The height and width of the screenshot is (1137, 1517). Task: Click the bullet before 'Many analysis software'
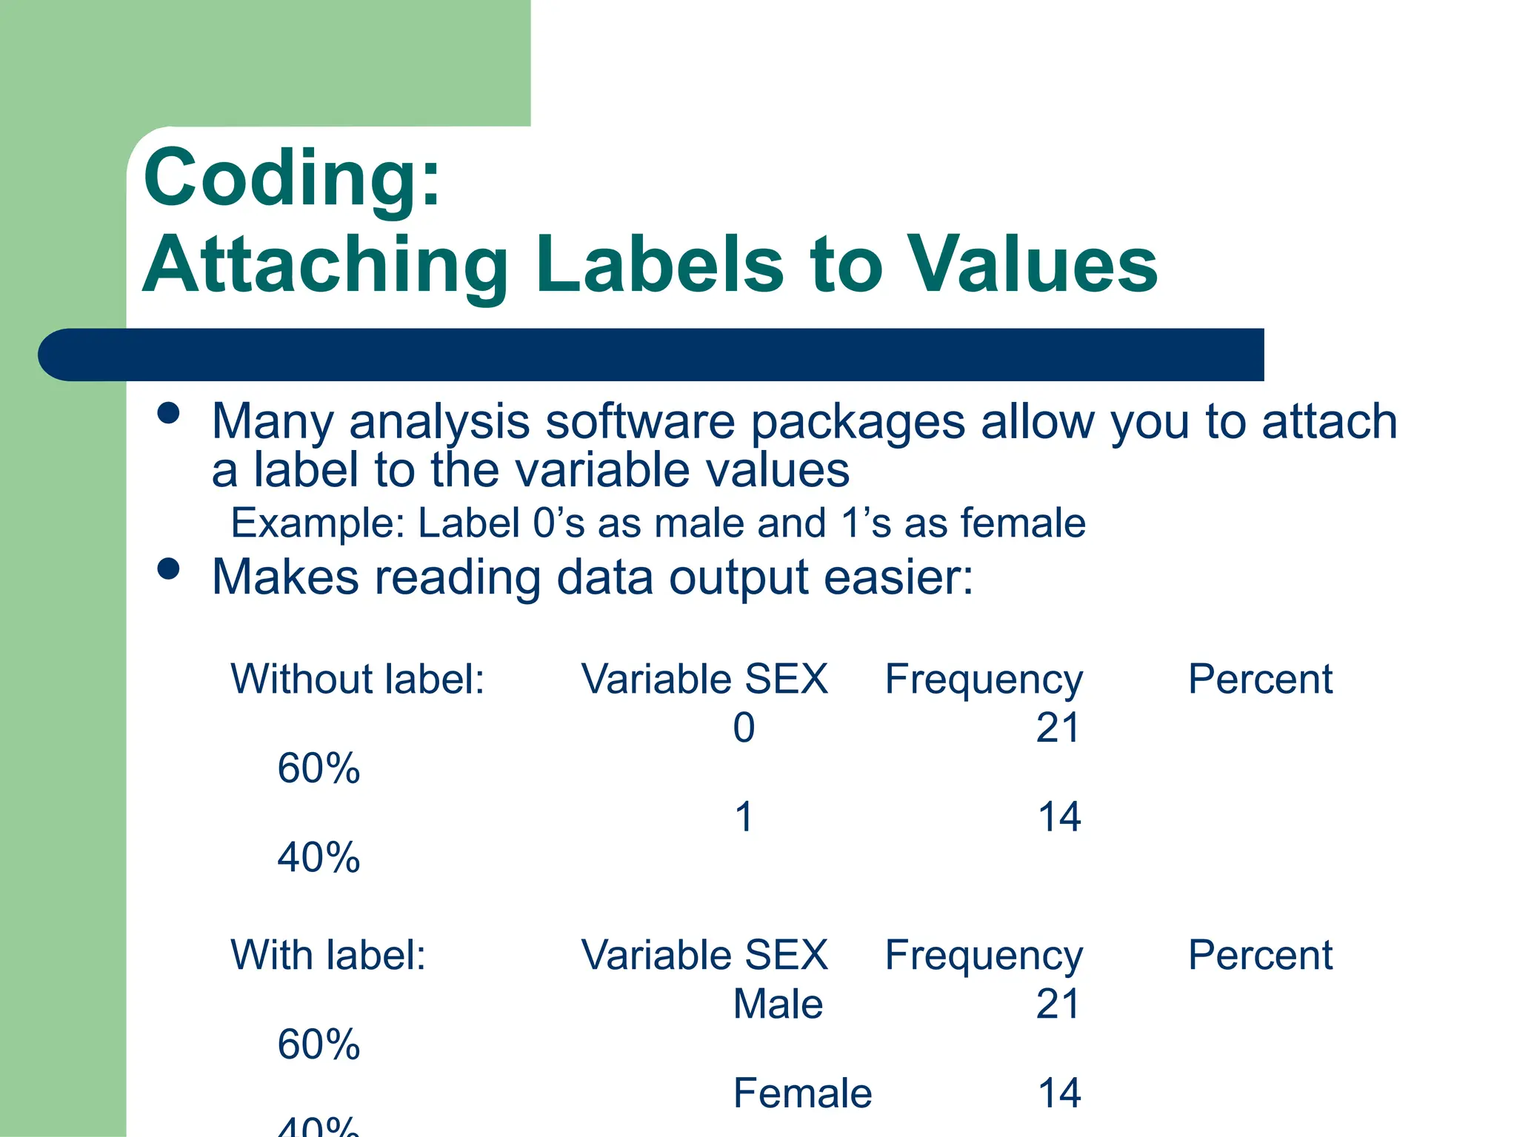[x=169, y=413]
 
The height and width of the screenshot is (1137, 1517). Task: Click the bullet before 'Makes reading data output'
[x=169, y=568]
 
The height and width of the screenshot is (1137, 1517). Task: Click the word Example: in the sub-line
[x=318, y=523]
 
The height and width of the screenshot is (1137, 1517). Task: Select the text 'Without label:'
[x=357, y=679]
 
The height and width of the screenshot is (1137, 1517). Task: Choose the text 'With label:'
[x=328, y=955]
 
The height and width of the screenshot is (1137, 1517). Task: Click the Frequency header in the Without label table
[x=984, y=680]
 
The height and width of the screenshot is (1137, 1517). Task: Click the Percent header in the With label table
[x=1260, y=955]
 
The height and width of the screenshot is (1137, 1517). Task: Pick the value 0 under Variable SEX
[x=744, y=728]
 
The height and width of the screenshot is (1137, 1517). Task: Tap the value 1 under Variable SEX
[x=744, y=817]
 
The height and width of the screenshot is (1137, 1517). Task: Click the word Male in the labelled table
[x=778, y=1004]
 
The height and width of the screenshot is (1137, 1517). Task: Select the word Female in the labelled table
[x=802, y=1093]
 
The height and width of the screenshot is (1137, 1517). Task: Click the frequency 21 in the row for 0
[x=1058, y=728]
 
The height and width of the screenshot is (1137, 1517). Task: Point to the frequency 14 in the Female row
[x=1059, y=1093]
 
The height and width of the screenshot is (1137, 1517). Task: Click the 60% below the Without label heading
[x=319, y=768]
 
